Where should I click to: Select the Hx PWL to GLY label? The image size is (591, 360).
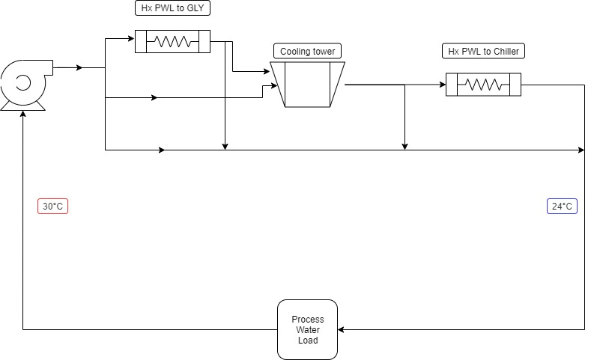[172, 8]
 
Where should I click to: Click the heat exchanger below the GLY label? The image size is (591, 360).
[172, 41]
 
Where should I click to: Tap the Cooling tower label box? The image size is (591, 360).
[308, 51]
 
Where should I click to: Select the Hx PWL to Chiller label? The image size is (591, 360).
[484, 51]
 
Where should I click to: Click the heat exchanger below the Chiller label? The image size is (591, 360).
[484, 85]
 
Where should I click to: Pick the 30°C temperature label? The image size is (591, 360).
[52, 207]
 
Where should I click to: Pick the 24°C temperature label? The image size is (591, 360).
[562, 207]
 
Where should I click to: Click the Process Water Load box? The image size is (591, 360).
[308, 330]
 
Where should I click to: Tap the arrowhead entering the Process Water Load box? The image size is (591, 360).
[341, 330]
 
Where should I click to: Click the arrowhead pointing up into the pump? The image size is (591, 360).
[23, 114]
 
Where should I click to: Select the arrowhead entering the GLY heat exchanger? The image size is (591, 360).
[132, 38]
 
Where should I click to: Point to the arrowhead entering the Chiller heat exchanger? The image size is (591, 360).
[443, 85]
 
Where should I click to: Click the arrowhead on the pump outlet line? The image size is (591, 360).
[79, 68]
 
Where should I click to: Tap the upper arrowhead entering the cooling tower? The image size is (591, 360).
[267, 71]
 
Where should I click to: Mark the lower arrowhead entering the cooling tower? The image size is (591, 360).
[274, 86]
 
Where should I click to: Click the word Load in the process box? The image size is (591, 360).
[308, 341]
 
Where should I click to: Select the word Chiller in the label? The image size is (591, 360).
[506, 51]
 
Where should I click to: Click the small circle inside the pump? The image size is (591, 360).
[23, 83]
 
